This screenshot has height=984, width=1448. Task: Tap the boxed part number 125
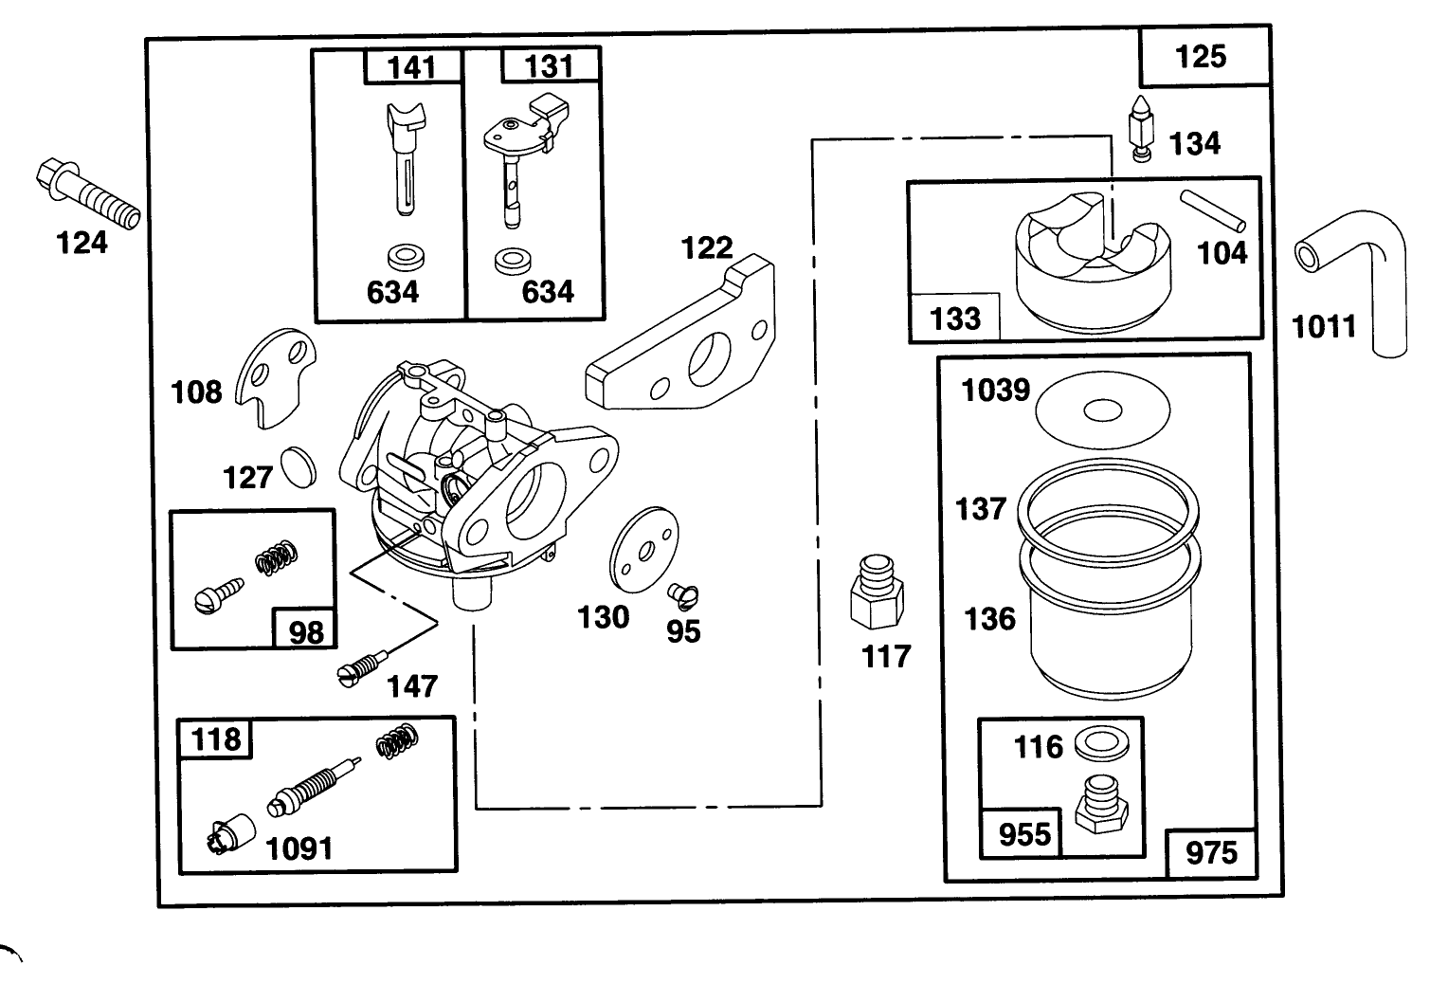tap(1201, 57)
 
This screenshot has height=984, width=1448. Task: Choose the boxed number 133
tap(954, 319)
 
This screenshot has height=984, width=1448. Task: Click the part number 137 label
tap(980, 509)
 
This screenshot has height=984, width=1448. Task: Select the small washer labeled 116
tap(1102, 745)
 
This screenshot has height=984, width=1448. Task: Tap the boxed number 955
tap(1024, 834)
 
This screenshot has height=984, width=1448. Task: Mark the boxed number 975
tap(1211, 852)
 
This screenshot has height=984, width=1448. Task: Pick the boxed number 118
tap(216, 738)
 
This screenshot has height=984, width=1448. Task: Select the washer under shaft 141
tap(406, 258)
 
